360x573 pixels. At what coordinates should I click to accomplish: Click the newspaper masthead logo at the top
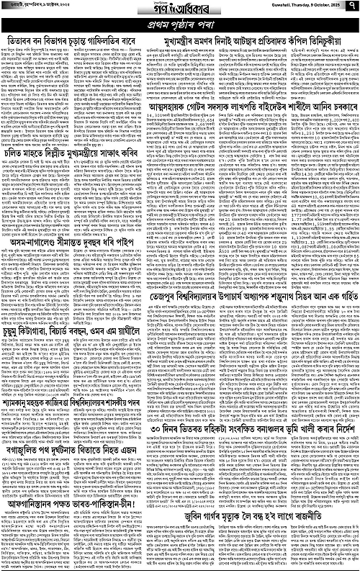tap(180, 10)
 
